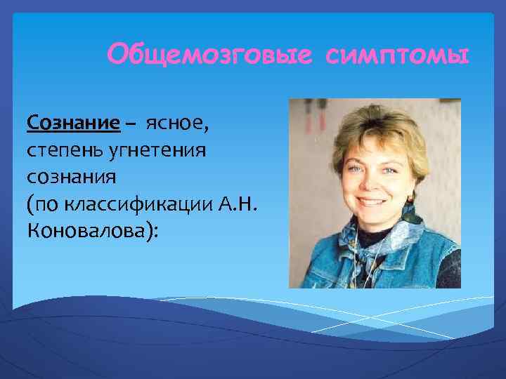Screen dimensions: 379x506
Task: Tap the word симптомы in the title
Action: tap(398, 54)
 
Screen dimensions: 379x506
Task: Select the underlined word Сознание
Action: tap(73, 124)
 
